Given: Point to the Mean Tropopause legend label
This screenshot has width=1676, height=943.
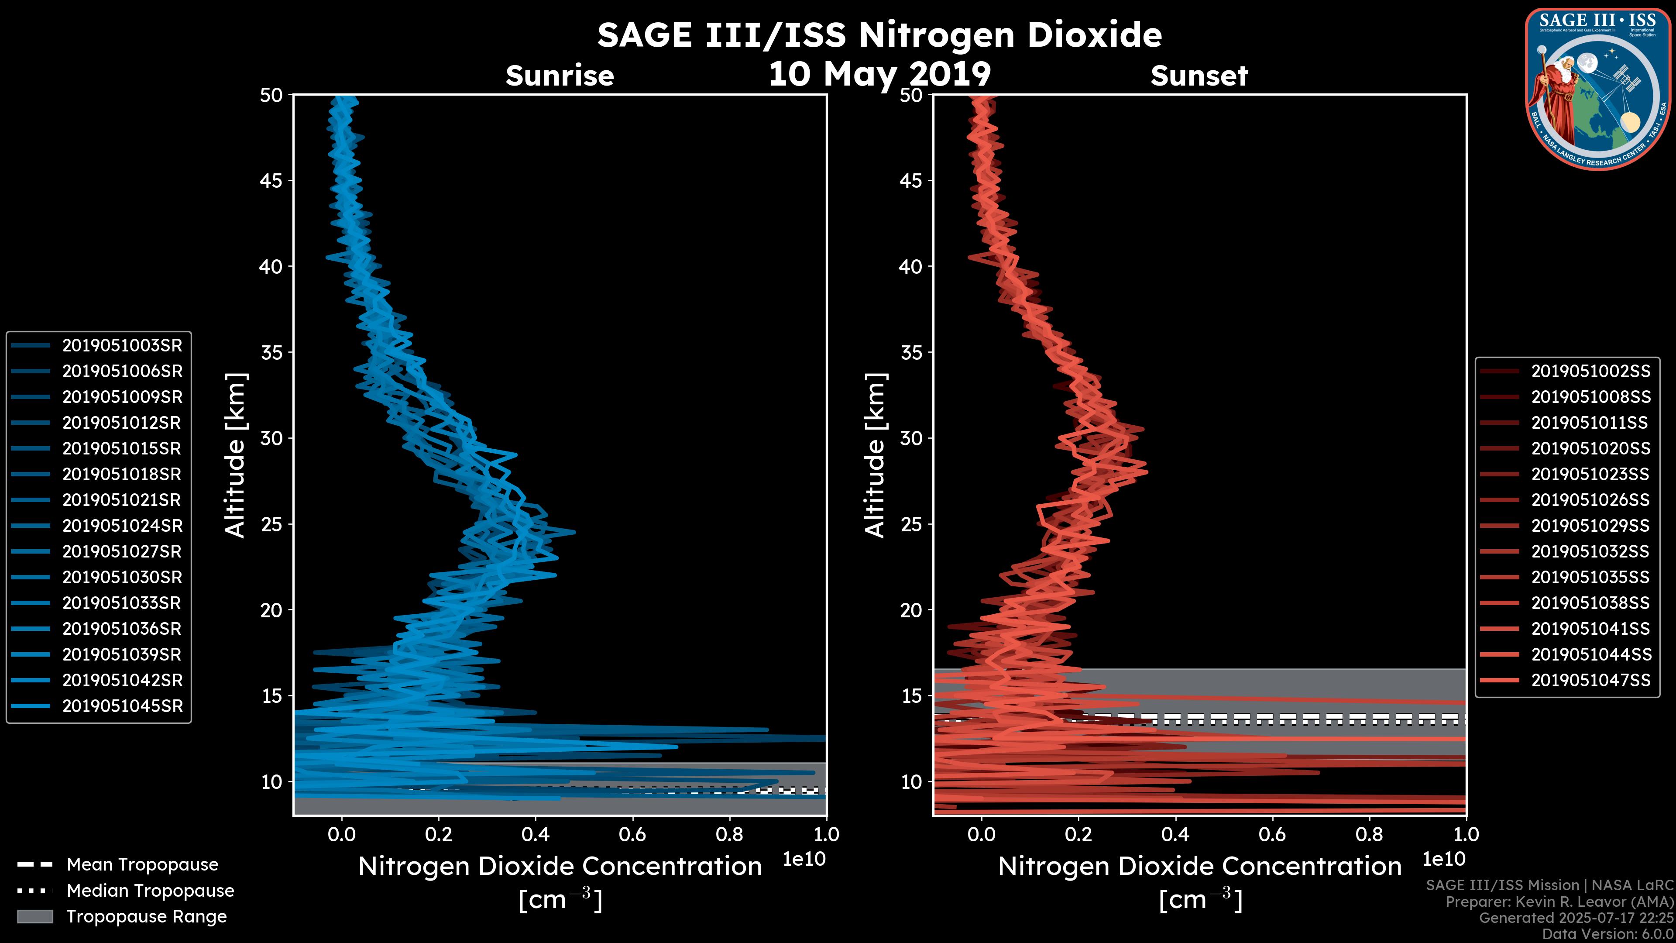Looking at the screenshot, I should (x=142, y=865).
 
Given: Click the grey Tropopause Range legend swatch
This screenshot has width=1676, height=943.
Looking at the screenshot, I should (x=34, y=916).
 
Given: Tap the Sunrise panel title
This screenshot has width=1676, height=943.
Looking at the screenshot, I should (x=560, y=76).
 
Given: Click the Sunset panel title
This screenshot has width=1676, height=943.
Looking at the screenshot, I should (x=1199, y=76).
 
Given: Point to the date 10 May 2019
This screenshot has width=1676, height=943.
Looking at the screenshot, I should (x=879, y=73).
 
